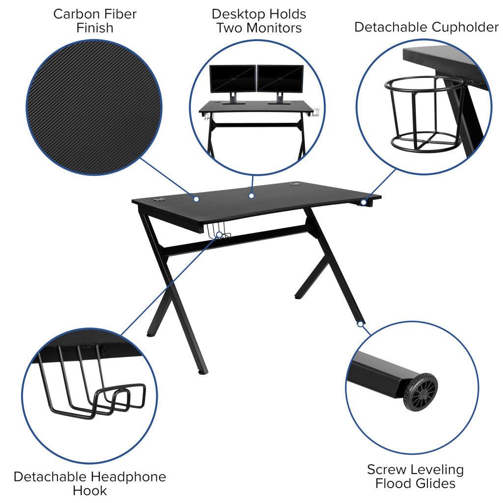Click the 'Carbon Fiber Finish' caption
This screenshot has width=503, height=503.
click(95, 21)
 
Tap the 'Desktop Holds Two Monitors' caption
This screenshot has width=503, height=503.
click(259, 21)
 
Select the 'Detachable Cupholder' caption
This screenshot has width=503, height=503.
click(426, 27)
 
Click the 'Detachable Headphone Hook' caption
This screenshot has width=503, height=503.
click(90, 483)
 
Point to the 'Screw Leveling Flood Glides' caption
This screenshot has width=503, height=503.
click(415, 476)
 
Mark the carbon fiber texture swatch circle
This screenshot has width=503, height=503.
click(94, 107)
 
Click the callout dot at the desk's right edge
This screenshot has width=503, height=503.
click(363, 202)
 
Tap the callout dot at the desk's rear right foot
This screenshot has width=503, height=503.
click(360, 324)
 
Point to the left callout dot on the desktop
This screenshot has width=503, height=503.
click(196, 199)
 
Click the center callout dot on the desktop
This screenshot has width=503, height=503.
click(251, 196)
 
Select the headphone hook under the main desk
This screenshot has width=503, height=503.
click(220, 232)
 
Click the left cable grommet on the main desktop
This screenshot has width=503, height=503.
click(159, 199)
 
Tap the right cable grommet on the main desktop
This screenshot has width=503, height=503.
click(295, 185)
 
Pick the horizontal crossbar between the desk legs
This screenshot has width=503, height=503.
click(236, 241)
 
